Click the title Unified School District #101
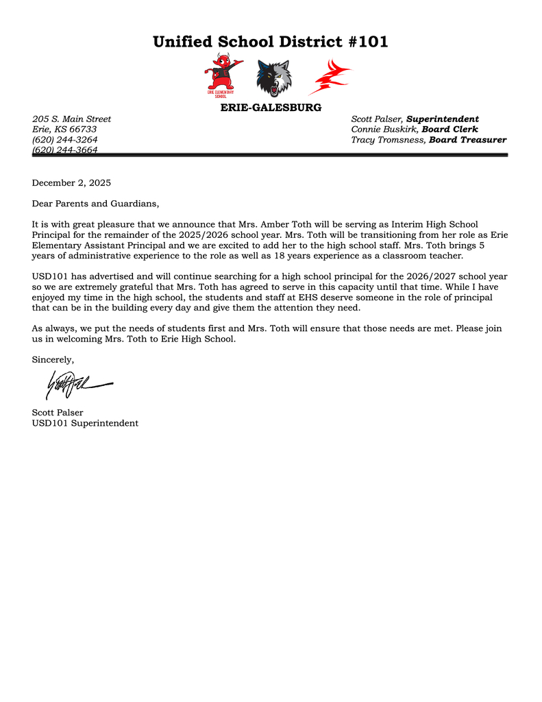tap(270, 42)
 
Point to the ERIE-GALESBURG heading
tap(271, 108)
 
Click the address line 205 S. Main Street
tap(71, 119)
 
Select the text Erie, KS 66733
tap(64, 130)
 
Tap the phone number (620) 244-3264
tap(65, 140)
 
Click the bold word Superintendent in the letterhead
tap(442, 119)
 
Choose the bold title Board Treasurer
tap(467, 140)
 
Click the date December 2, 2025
tap(71, 183)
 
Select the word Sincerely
tap(53, 359)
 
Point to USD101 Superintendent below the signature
tap(85, 423)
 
